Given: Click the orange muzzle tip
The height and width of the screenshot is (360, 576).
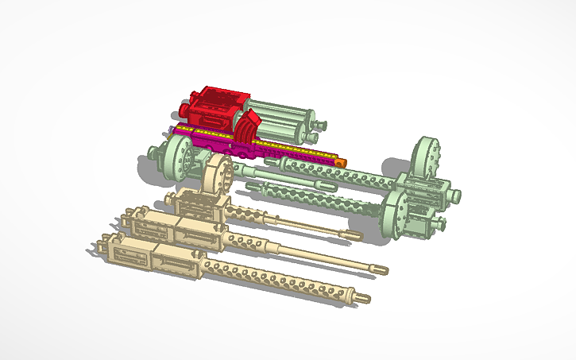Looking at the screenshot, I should pos(341,162).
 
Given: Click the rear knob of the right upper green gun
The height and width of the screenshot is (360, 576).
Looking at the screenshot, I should pos(454,193).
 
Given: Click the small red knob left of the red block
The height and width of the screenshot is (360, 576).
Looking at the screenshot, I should pos(184,106).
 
